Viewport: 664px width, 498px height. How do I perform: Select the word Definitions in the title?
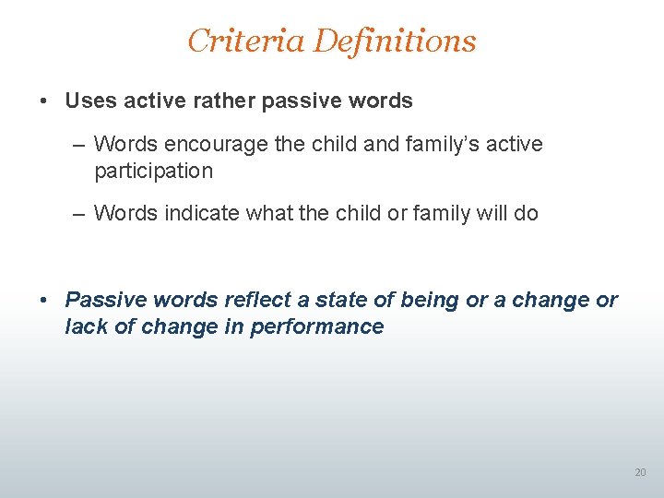pyautogui.click(x=395, y=41)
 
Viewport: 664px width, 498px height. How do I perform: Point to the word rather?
pyautogui.click(x=225, y=101)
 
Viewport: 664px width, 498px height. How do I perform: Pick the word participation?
pyautogui.click(x=153, y=171)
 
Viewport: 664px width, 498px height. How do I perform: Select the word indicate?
pyautogui.click(x=201, y=213)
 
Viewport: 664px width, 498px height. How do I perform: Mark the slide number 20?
pyautogui.click(x=640, y=472)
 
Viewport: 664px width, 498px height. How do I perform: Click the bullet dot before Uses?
pyautogui.click(x=44, y=101)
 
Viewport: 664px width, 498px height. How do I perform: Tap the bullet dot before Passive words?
pyautogui.click(x=44, y=300)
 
